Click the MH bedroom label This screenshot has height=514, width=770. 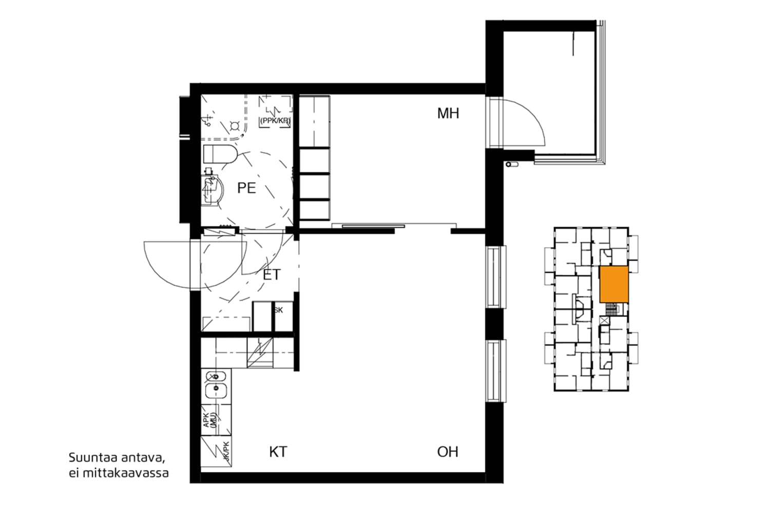[x=448, y=114]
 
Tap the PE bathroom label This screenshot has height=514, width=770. [x=246, y=188]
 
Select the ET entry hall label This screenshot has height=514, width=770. [x=272, y=275]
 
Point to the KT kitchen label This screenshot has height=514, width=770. [x=278, y=452]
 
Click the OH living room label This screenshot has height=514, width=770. [x=447, y=452]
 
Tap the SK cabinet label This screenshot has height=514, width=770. [x=278, y=310]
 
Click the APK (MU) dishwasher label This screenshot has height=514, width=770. [x=210, y=420]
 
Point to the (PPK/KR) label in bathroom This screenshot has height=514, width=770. [x=275, y=121]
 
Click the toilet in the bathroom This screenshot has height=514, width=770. [x=220, y=154]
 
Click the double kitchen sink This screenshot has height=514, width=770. [x=216, y=384]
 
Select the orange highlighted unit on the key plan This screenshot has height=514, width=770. [x=614, y=284]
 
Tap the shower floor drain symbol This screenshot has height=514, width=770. [x=235, y=125]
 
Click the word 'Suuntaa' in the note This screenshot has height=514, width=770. [x=90, y=457]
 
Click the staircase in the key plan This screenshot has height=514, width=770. [x=611, y=309]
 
